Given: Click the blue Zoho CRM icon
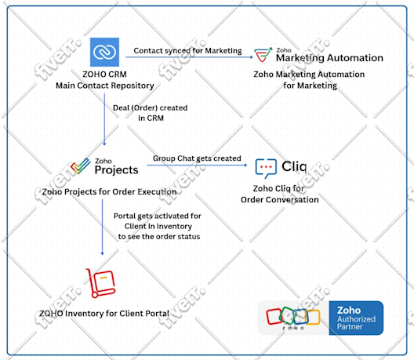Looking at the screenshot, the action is click(104, 52).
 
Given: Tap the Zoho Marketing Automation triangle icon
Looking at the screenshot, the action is click(263, 55).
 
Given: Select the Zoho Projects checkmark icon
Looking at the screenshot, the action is click(81, 166).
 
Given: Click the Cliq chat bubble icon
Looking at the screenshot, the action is click(266, 169).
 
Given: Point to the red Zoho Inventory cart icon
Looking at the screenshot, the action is click(100, 283).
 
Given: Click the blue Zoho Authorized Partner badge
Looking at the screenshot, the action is click(356, 318).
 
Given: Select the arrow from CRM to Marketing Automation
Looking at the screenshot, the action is click(189, 57).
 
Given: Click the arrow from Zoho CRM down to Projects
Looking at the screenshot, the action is click(104, 119).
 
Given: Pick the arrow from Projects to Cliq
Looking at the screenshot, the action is click(197, 165).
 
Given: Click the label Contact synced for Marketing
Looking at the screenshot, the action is click(187, 50).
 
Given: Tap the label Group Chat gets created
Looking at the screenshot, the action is click(197, 158).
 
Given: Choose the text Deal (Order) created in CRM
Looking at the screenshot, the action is click(151, 113).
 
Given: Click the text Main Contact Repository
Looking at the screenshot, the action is click(105, 85).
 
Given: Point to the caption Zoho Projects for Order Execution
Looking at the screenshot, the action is click(109, 191).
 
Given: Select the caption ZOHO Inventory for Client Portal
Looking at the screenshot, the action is click(104, 314).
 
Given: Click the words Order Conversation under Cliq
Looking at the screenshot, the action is click(280, 200).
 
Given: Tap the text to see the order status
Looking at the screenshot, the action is click(159, 237).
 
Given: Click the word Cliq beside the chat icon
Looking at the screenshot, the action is click(294, 166).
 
